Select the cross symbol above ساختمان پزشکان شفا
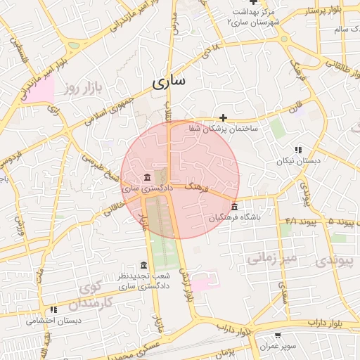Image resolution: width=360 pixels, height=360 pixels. [223, 117]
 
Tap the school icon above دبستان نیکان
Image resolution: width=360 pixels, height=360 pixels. [298, 150]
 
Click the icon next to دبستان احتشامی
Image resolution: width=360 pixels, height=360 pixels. [53, 309]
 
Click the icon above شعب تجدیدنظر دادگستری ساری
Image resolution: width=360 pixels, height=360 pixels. [144, 265]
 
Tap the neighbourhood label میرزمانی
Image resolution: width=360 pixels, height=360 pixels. [272, 258]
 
